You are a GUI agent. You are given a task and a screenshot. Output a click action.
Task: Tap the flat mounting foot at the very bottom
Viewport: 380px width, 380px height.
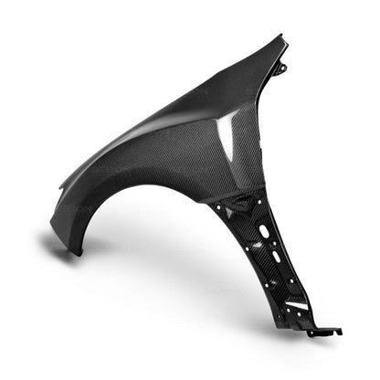(x=326, y=332)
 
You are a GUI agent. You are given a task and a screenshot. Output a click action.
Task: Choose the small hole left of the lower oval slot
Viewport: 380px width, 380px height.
(x=259, y=259)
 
